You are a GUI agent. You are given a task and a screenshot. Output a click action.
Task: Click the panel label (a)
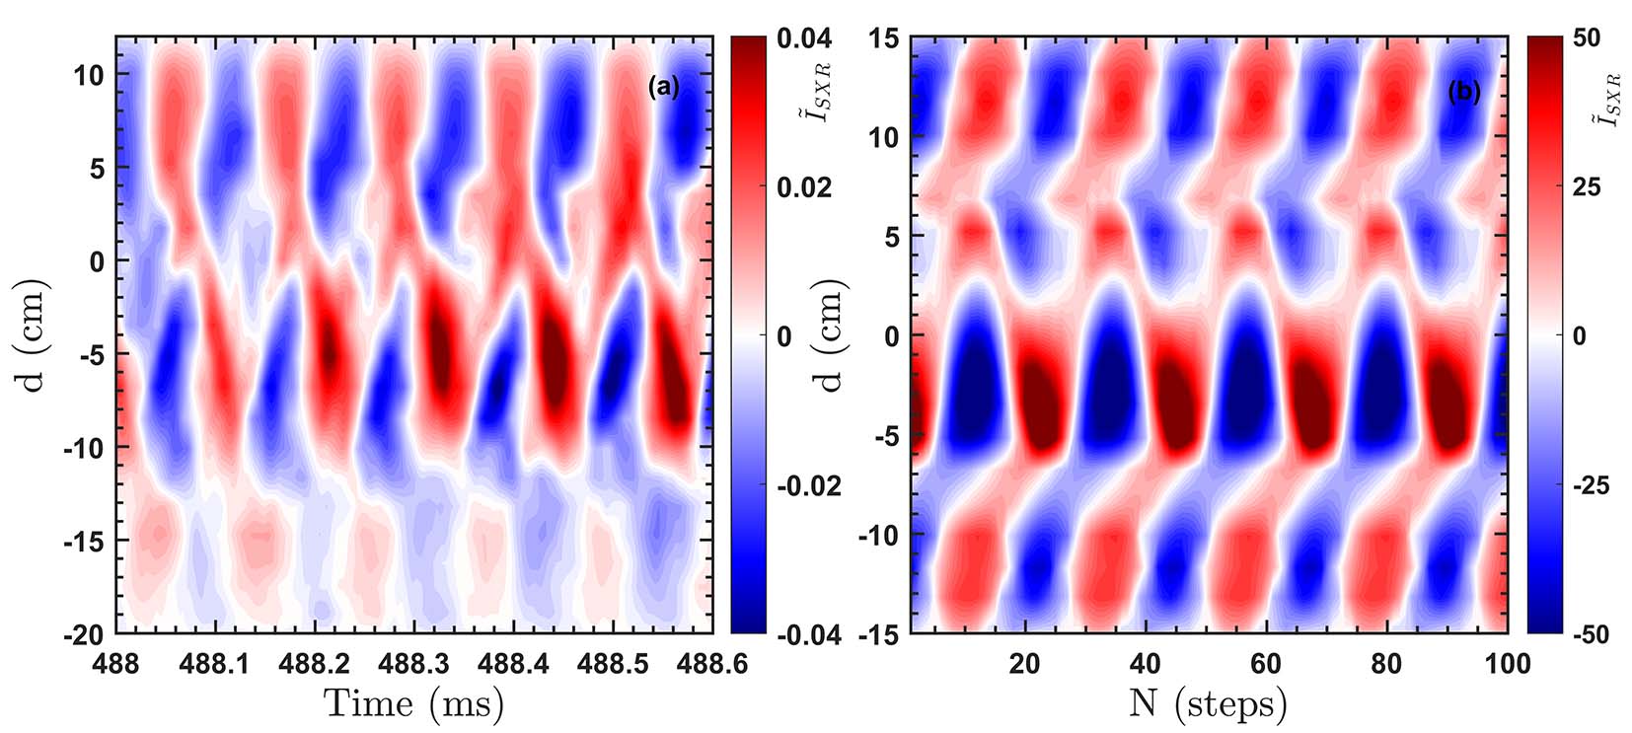tap(664, 88)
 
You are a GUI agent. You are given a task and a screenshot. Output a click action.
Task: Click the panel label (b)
tap(1464, 92)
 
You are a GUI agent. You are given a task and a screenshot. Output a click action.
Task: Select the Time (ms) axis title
tap(413, 703)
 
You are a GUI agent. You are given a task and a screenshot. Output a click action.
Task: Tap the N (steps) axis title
tap(1208, 703)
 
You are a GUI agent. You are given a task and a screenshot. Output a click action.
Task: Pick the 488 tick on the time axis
tap(117, 664)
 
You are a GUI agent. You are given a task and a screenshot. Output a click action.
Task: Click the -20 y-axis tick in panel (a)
tap(83, 635)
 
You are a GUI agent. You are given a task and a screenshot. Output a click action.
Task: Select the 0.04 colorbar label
tap(804, 39)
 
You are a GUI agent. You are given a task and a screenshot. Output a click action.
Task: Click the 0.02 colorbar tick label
tap(804, 187)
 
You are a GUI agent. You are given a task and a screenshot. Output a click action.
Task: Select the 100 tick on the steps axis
tap(1507, 664)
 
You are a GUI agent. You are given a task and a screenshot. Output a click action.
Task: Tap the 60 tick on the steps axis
tap(1266, 664)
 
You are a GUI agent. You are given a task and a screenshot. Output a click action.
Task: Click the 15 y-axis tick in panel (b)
tap(883, 39)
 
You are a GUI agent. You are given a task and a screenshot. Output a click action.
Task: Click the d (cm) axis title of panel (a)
tap(36, 336)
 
